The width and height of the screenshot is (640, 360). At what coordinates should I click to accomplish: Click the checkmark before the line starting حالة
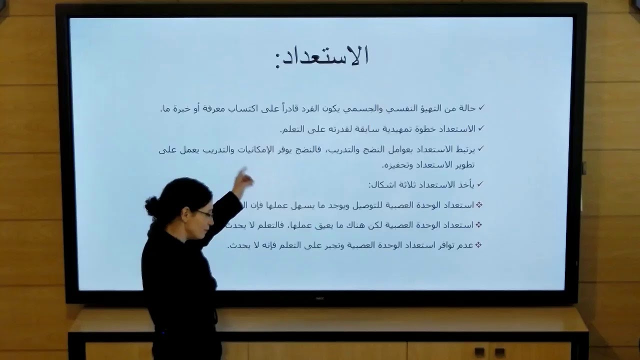(481, 108)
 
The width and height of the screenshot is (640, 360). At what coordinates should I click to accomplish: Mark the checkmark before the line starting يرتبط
(481, 148)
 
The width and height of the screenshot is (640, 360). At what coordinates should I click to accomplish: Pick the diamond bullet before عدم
(478, 244)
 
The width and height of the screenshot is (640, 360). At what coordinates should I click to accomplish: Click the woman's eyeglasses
(204, 213)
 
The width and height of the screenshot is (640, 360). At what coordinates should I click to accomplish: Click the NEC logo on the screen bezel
(320, 298)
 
